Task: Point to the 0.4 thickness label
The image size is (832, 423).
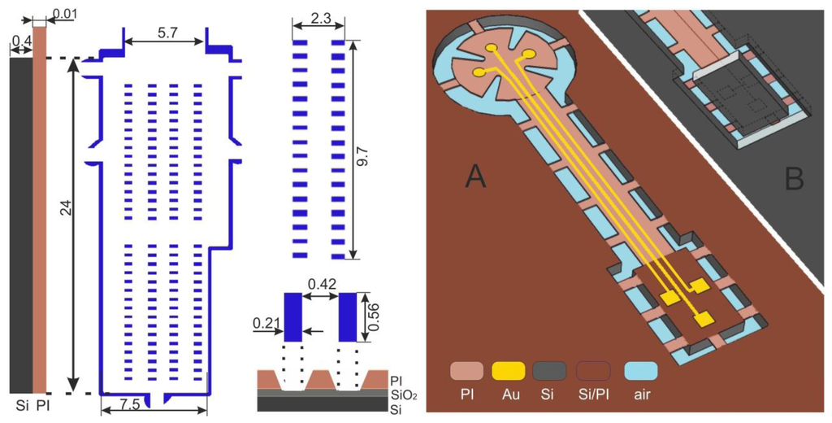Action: (x=20, y=41)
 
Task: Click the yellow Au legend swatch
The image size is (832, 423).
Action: (x=509, y=371)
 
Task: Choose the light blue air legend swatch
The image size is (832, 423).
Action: (x=641, y=371)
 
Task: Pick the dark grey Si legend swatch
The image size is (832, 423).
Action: (x=549, y=371)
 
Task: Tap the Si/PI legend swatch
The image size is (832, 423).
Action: (x=593, y=371)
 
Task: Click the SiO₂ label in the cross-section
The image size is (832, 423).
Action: (x=402, y=393)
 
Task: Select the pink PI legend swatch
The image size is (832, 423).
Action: (x=466, y=371)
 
